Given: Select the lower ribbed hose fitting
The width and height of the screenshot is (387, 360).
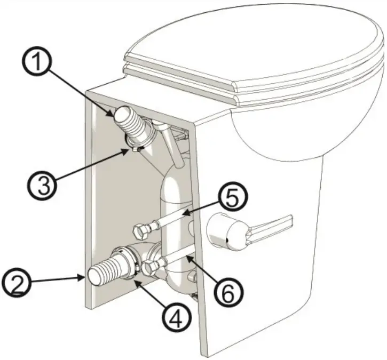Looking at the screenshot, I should [x=107, y=270].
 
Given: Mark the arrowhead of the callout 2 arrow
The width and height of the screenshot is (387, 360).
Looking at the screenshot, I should [x=83, y=276].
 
